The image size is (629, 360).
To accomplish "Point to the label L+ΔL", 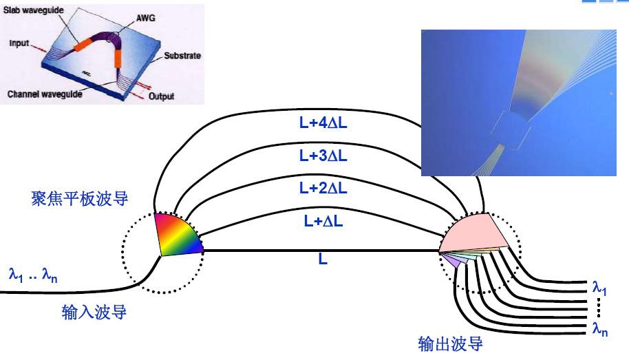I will (x=322, y=221).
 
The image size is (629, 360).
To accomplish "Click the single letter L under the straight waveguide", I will (x=322, y=260).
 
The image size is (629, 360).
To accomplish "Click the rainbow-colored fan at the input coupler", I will (x=178, y=236).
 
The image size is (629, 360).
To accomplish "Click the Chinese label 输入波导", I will (x=94, y=313).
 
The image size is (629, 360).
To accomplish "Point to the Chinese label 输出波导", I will (x=450, y=343).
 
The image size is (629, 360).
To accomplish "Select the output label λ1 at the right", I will (x=599, y=285).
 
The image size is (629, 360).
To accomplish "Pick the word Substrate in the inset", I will (x=182, y=55).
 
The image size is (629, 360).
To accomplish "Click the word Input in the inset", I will (x=19, y=43).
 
